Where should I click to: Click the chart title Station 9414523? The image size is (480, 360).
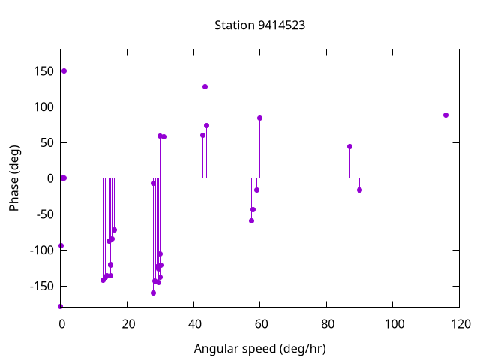259,25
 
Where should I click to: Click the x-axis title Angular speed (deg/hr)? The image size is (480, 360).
259,349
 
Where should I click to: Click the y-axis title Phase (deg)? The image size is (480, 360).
14,178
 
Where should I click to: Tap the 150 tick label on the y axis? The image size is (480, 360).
43,71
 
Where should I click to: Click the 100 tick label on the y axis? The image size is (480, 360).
43,107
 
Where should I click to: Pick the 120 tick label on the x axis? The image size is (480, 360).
460,324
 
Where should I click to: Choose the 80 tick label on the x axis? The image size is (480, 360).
327,324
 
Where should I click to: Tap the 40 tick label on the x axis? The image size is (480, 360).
193,324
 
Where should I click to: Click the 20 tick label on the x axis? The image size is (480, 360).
127,324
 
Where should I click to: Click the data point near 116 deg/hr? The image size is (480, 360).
445,115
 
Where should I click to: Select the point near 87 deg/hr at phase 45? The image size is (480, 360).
349,146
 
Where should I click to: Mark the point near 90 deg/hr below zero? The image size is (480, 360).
359,190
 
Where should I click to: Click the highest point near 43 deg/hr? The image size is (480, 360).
205,86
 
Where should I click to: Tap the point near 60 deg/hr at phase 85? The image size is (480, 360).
259,118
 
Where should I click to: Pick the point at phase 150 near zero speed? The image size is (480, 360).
64,70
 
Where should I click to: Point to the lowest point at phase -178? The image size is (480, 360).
60,306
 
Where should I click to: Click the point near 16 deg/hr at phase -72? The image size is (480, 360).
114,229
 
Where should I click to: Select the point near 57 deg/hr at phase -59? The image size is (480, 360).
251,220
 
